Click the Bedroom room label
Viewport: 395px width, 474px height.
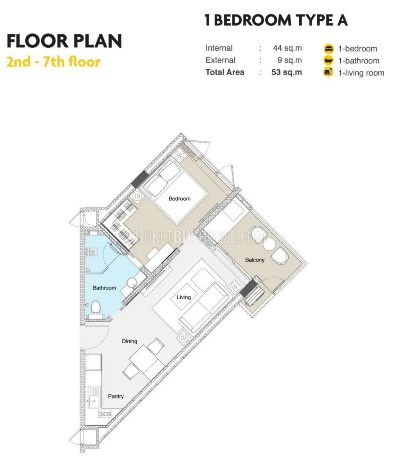tap(179, 198)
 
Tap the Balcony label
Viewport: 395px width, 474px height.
tap(255, 260)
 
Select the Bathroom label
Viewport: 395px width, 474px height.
tap(104, 288)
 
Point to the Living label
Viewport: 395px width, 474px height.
tap(184, 297)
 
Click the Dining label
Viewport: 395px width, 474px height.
tap(130, 341)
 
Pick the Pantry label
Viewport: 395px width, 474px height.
tap(116, 396)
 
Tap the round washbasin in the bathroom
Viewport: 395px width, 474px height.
tap(132, 283)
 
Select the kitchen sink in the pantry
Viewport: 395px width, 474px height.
tap(94, 397)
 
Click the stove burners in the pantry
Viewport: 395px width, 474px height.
tap(105, 414)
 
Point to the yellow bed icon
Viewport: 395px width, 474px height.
tap(328, 49)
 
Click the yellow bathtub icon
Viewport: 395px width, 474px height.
tap(328, 61)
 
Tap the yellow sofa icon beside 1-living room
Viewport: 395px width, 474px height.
tap(328, 73)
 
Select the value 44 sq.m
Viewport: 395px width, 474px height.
tap(287, 48)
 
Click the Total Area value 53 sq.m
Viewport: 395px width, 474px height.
tap(286, 72)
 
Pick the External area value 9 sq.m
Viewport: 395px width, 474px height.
tap(289, 60)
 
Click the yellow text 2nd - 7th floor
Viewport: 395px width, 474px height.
tap(54, 62)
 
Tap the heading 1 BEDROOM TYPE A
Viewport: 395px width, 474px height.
tap(276, 20)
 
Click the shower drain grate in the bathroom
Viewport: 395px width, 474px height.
tap(94, 251)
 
